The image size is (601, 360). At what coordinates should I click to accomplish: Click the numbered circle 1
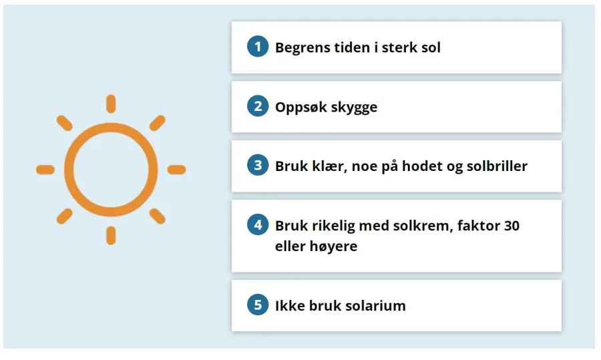[x=257, y=47]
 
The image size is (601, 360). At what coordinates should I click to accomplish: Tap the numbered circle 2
[x=257, y=107]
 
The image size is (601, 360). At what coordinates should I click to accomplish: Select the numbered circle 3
[x=257, y=166]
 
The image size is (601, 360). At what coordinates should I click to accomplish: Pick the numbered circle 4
[x=257, y=226]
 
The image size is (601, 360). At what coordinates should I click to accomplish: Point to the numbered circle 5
[x=257, y=306]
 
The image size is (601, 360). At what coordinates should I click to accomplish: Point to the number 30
[x=512, y=226]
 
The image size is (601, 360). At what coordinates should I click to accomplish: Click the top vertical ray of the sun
[x=111, y=104]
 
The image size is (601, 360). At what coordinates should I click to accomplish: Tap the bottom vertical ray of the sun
[x=111, y=235]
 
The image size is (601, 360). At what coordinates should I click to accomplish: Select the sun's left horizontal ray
[x=45, y=170]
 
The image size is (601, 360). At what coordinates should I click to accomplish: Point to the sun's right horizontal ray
[x=176, y=170]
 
